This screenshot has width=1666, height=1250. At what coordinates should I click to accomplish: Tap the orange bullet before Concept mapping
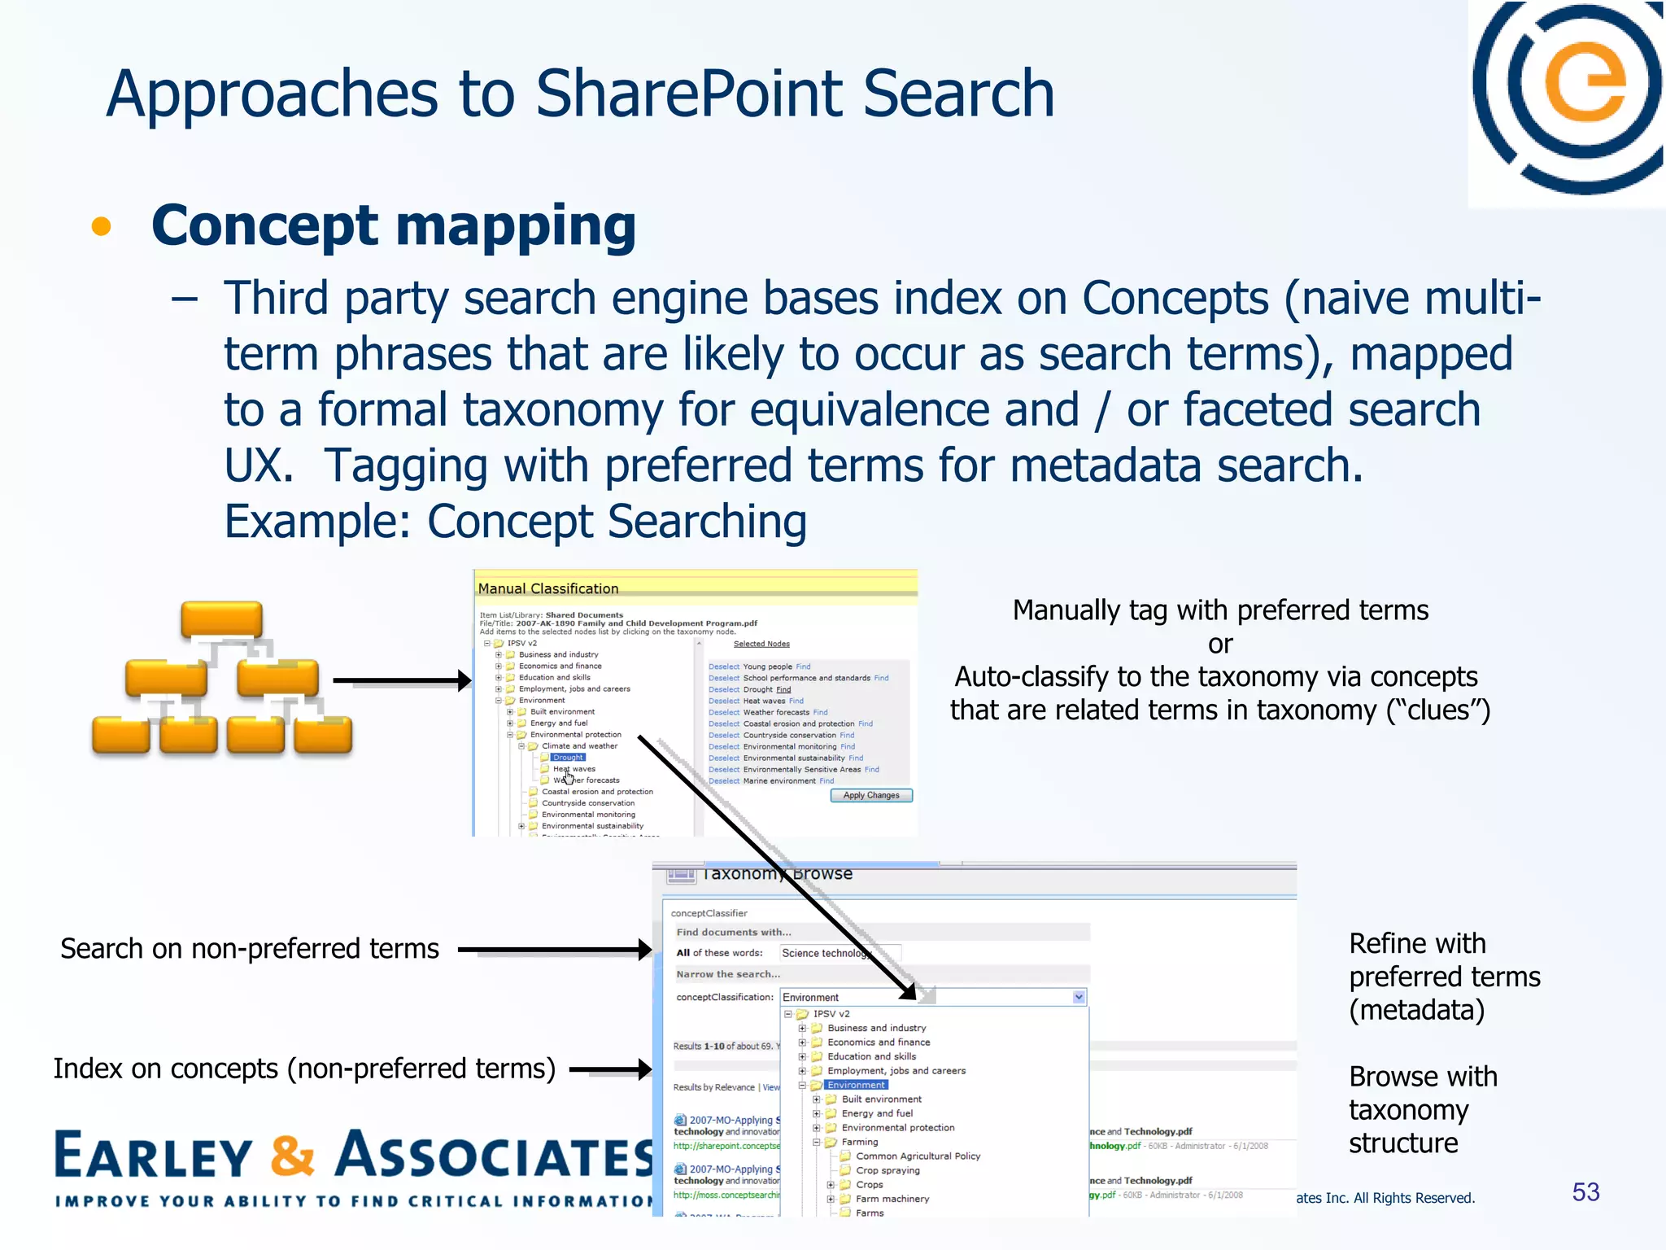(101, 226)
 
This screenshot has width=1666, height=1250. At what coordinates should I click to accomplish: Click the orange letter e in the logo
(1584, 86)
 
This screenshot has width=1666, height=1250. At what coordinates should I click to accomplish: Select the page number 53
(1585, 1192)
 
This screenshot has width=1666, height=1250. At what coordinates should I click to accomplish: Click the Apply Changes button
(870, 795)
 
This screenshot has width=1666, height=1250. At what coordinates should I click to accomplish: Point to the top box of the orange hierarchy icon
(221, 619)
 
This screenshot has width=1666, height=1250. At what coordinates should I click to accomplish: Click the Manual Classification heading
(548, 588)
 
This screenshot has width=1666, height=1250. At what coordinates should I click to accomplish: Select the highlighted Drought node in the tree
(568, 757)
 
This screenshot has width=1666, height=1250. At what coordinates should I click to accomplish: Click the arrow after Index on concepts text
(610, 1069)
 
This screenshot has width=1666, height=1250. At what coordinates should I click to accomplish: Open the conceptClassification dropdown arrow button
(1079, 997)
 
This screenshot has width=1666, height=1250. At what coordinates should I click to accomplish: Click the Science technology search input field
(838, 953)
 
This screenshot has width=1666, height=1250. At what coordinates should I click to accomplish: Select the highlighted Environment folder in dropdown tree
(855, 1085)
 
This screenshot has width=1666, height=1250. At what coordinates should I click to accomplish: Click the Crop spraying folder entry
(887, 1170)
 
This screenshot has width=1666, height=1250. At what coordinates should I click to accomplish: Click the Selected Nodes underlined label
(761, 644)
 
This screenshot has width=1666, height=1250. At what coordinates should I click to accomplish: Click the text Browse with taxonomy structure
(1422, 1109)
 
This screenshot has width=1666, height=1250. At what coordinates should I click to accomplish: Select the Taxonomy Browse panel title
(777, 874)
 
